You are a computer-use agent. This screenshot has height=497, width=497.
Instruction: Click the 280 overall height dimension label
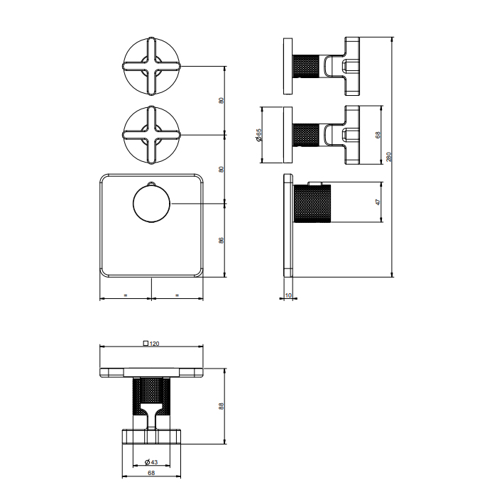[x=389, y=157]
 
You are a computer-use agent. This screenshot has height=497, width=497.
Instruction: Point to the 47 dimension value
[x=378, y=202]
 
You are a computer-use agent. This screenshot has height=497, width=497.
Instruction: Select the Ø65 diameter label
[x=258, y=135]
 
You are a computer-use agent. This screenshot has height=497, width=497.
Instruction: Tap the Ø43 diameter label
[x=151, y=462]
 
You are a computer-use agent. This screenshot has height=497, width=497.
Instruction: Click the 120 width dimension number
[x=154, y=344]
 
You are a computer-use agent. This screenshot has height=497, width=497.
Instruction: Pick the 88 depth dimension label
[x=222, y=406]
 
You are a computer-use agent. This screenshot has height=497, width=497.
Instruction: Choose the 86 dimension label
[x=222, y=240]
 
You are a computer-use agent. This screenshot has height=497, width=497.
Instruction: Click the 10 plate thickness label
[x=288, y=295]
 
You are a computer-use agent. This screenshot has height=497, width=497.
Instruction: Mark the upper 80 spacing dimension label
[x=222, y=101]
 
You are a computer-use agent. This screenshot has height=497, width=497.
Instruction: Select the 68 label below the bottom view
[x=151, y=473]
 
